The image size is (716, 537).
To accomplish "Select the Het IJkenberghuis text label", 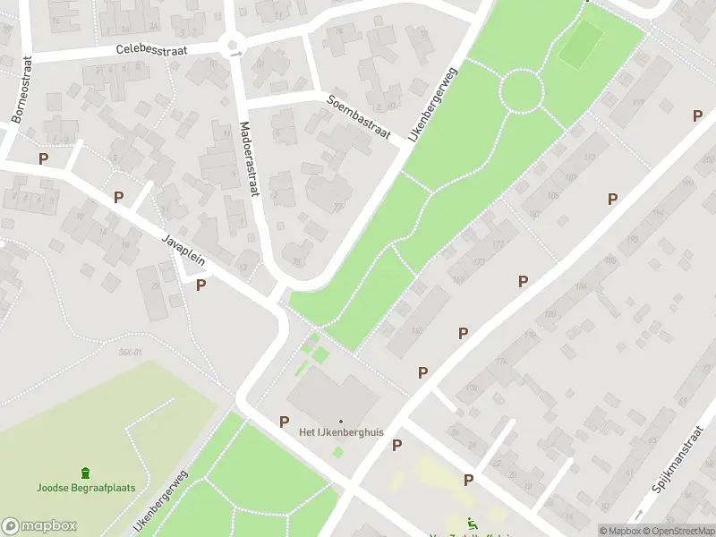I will [x=341, y=432].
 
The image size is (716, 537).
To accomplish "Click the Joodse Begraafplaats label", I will [x=85, y=488].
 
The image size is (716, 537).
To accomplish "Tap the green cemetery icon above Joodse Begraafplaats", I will [x=85, y=472].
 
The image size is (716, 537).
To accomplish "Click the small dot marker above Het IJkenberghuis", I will [x=341, y=421].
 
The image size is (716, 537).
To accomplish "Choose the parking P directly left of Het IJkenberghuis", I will [x=285, y=421].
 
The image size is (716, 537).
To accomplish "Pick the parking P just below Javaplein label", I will [x=201, y=285].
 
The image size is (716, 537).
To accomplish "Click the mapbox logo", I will [x=39, y=526].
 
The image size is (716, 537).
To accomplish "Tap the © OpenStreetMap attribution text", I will [x=678, y=531].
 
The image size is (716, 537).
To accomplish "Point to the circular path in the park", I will [x=521, y=91].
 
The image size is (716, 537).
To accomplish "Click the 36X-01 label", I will [x=131, y=352].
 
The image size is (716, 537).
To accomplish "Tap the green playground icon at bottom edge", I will [x=472, y=524].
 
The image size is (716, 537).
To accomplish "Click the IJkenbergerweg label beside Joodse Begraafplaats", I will [x=161, y=501].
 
